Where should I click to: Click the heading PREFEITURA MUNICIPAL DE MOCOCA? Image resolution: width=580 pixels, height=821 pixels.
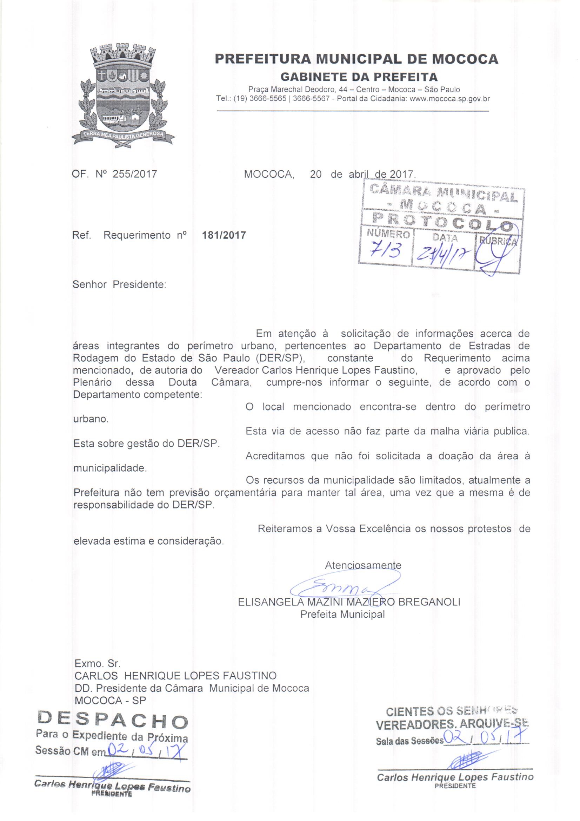(356, 59)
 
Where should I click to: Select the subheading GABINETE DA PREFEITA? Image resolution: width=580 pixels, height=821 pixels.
(359, 77)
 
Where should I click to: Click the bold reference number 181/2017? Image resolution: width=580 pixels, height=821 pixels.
(224, 235)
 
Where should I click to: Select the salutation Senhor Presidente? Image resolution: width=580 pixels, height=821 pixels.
(119, 285)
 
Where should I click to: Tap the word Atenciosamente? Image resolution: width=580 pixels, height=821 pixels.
(363, 565)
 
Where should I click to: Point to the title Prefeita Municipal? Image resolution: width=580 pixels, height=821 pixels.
(343, 614)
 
